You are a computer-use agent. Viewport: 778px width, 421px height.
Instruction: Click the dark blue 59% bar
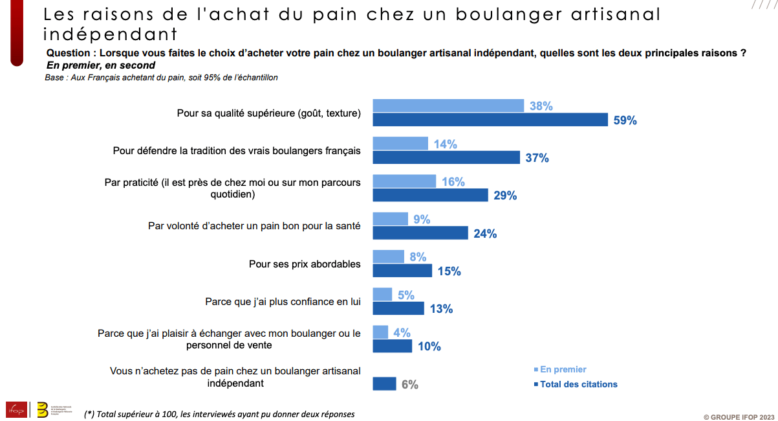coord(490,120)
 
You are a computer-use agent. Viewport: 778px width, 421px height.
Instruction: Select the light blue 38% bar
coord(448,106)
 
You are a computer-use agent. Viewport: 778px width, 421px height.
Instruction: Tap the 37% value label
coord(537,157)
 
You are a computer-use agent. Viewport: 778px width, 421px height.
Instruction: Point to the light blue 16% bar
coord(405,181)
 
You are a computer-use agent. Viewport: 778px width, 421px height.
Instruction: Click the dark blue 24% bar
coord(420,233)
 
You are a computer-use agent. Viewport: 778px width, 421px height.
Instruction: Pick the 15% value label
coord(449,271)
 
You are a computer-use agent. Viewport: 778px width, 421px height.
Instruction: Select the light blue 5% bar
coord(382,295)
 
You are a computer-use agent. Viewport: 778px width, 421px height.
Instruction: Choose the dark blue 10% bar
coord(393,346)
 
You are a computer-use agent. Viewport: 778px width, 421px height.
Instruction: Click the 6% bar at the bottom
coord(384,384)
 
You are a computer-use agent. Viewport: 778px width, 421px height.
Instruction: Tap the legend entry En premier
coord(563,369)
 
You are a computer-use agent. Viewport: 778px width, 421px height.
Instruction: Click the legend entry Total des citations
coord(578,384)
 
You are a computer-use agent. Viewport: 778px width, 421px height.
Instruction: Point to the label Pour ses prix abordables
coord(305,264)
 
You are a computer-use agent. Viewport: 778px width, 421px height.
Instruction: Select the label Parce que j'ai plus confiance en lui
coord(283,302)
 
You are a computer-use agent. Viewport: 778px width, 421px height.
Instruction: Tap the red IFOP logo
coord(16,409)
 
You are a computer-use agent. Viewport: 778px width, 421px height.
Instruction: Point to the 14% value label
coord(445,144)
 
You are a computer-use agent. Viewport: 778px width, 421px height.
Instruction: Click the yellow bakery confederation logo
coord(43,409)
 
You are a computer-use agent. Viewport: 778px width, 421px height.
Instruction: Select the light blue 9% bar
coord(391,219)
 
